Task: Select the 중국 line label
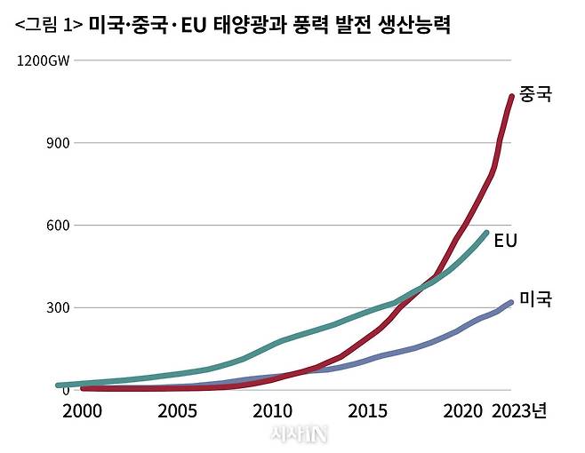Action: click(x=535, y=93)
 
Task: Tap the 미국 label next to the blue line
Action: click(x=535, y=300)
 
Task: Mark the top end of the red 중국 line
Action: click(x=511, y=96)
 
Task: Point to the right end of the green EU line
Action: click(x=485, y=234)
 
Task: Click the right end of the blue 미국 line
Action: click(x=510, y=303)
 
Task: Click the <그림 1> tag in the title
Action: click(x=49, y=26)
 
